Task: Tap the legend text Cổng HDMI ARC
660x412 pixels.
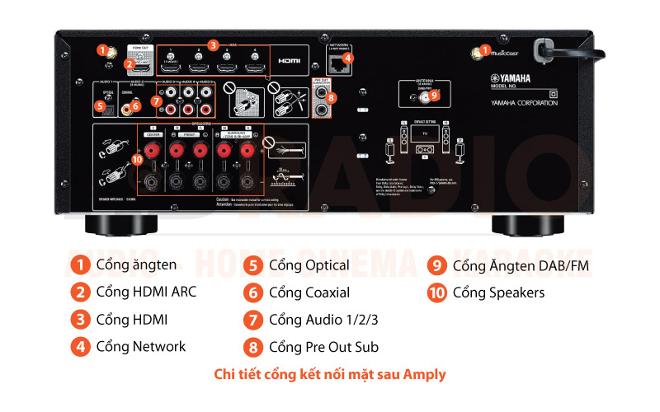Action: coord(146,292)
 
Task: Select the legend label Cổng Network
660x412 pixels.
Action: coord(141,346)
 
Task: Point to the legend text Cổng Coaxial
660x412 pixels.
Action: coord(309,292)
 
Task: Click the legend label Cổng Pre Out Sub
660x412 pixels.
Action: coord(324,346)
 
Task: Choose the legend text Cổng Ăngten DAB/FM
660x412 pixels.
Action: coord(521,265)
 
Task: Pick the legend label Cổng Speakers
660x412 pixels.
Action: coord(498,292)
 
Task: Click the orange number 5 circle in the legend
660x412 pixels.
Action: coord(254,265)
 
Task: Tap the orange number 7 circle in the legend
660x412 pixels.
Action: coord(254,319)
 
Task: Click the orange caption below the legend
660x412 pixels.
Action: coord(330,374)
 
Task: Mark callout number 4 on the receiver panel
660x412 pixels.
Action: coord(348,58)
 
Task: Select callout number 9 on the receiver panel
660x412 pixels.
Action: coord(435,95)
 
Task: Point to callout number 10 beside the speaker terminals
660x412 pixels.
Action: coord(137,158)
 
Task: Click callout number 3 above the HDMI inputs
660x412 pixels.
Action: coord(213,44)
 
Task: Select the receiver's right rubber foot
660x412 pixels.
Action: coord(526,224)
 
